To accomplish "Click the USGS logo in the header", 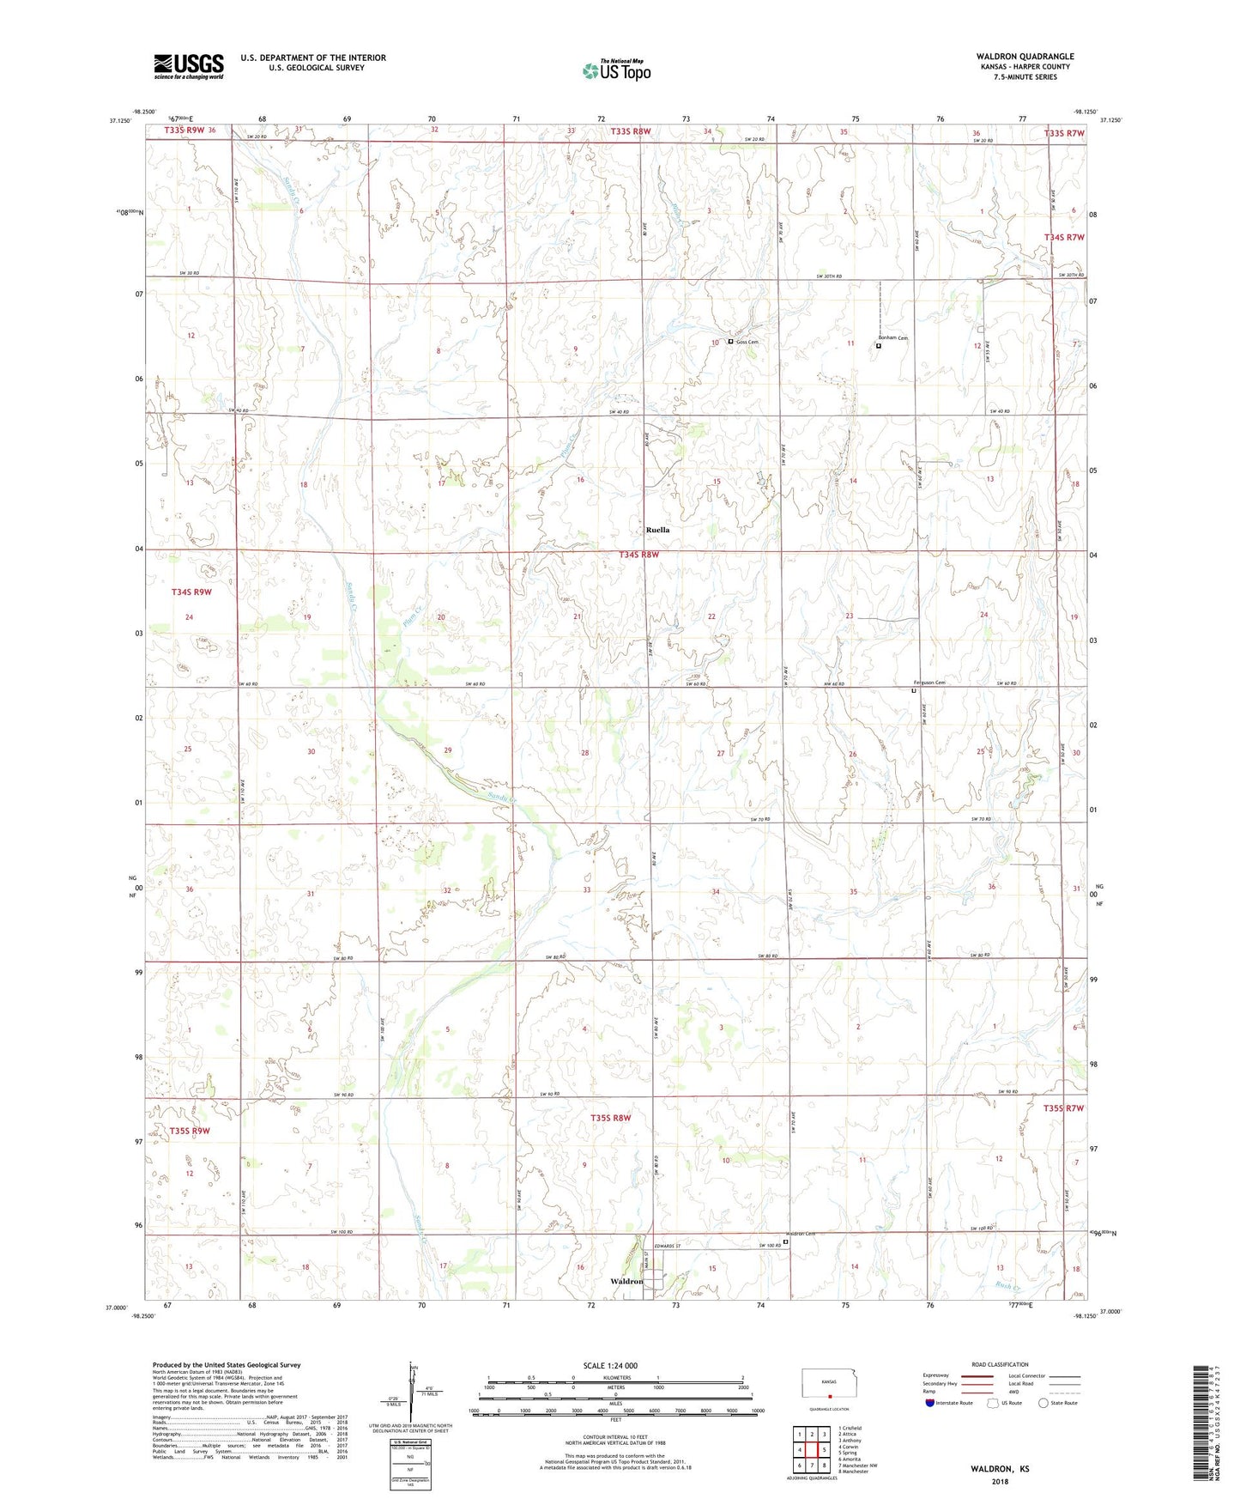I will point(189,65).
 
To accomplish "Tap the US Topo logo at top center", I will point(616,70).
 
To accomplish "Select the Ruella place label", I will point(657,530).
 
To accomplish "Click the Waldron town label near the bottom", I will point(626,1281).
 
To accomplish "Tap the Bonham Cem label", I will point(892,338).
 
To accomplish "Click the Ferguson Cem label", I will point(928,683).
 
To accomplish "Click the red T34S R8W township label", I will point(638,555).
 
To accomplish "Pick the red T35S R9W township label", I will point(190,1131).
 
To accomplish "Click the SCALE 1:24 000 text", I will point(610,1365).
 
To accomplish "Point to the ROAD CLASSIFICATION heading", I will point(999,1364).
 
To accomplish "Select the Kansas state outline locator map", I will point(827,1383).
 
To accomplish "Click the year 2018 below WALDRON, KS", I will point(1000,1481).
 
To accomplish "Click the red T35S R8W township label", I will point(610,1118).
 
